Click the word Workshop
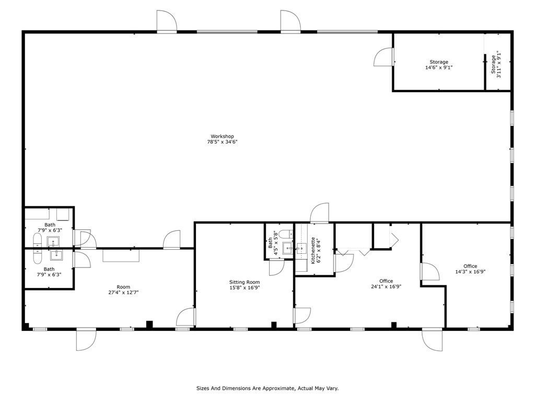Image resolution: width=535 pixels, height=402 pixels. pos(222,137)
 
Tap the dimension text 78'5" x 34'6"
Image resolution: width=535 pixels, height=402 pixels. pos(222,142)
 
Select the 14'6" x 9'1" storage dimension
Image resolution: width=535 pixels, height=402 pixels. pos(439,68)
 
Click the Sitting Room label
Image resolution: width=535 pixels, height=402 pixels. pos(245,282)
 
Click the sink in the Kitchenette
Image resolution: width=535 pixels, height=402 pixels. pos(302,249)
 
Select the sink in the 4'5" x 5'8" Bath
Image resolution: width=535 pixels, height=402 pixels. pos(288,248)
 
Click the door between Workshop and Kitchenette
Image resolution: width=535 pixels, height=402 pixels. pos(320,213)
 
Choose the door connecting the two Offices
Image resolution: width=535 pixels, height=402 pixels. pos(429,272)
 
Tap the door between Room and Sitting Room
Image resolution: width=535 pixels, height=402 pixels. pos(186,317)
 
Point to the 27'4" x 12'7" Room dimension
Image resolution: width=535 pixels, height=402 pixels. pos(123,293)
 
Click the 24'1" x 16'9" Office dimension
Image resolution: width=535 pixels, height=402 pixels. pos(386,287)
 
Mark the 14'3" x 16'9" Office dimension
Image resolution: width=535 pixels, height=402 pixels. pos(470,272)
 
